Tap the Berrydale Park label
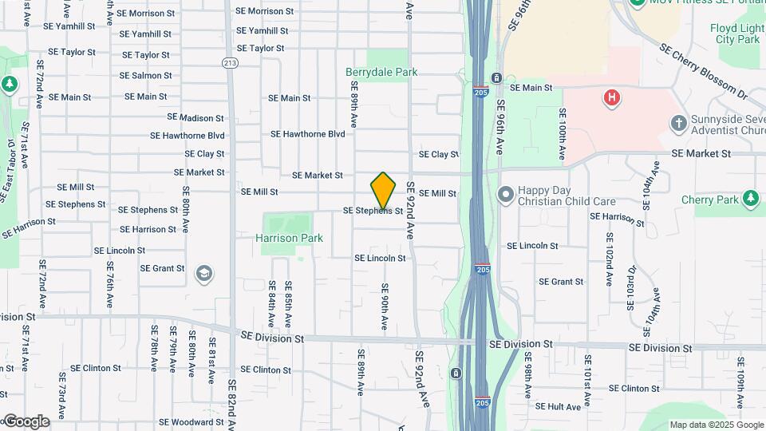coord(381,72)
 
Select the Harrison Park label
coord(289,238)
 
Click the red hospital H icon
coord(612,98)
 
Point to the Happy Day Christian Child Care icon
coord(504,194)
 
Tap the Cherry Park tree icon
coord(749,198)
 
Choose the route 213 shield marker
coord(231,62)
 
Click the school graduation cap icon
coord(203,273)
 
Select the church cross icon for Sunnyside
coord(678,124)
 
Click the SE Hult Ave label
coord(559,406)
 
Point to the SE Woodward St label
coord(191,422)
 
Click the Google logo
coord(26,421)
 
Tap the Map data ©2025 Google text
coord(716,425)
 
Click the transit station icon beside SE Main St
coord(496,78)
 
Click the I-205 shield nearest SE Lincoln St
coord(481,268)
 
